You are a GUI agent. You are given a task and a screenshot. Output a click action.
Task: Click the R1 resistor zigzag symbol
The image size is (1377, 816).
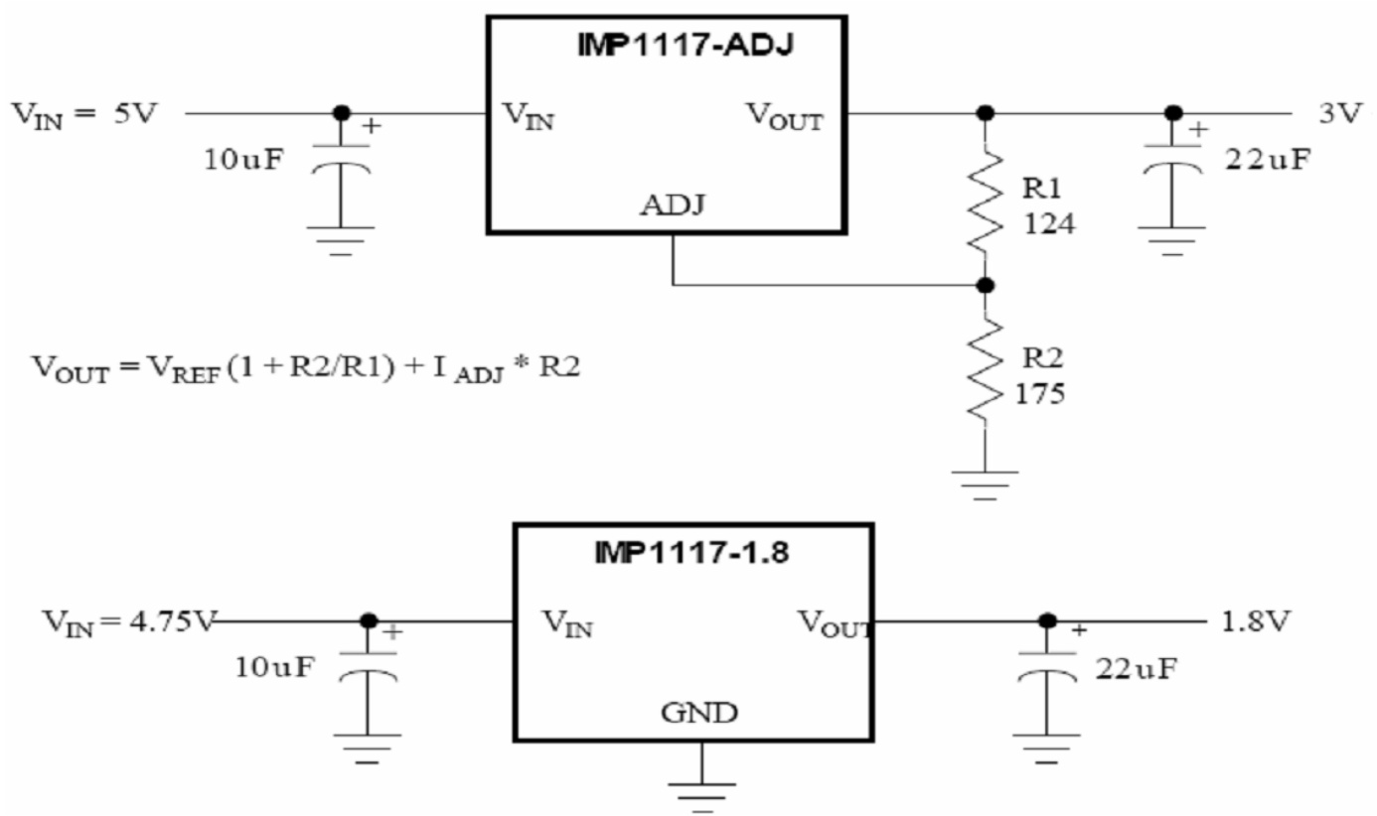(985, 199)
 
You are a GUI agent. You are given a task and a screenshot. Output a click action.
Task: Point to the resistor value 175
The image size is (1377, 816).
(1041, 394)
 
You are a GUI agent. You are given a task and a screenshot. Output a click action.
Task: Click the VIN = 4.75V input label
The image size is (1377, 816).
(127, 621)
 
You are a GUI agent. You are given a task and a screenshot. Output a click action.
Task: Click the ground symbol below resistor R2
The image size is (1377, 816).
(985, 482)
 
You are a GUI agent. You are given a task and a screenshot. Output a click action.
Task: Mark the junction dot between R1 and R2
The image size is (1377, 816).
(985, 285)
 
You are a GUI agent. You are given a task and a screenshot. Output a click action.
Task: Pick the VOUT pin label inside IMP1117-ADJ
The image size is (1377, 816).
(785, 118)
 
